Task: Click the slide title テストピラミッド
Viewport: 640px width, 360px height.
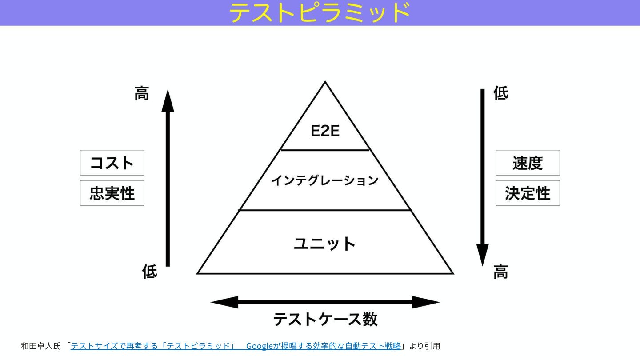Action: (320, 12)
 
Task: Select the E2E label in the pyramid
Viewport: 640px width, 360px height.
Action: (325, 131)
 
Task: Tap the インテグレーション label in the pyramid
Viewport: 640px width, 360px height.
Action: (325, 180)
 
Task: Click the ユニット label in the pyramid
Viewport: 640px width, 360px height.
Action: (325, 244)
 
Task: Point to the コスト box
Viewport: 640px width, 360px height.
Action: (112, 163)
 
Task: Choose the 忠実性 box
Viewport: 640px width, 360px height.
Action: (112, 193)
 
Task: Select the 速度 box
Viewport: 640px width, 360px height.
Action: (528, 163)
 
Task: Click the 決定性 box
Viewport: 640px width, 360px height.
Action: (528, 193)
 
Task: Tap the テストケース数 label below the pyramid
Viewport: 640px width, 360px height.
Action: (325, 320)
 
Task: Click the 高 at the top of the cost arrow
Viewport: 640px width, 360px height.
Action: (142, 93)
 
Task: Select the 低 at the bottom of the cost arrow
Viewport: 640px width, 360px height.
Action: (149, 271)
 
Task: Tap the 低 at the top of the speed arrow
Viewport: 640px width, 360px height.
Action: (501, 93)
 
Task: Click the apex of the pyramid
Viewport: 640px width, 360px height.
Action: (325, 83)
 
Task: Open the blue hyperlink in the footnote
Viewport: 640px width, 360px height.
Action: (236, 346)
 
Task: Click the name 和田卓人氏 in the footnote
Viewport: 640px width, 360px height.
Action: (40, 346)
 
